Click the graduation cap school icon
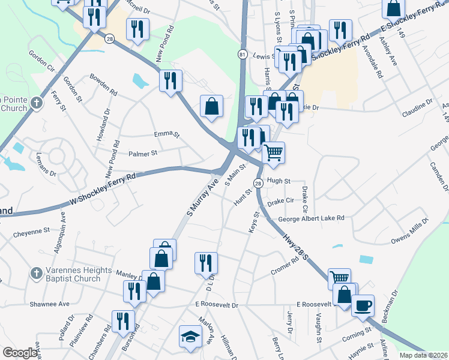coord(190,336)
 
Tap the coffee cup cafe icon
coord(363,305)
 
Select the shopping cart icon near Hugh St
coord(273,153)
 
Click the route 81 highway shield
coord(242,54)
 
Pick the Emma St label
coord(167,134)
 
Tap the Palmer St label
coord(142,154)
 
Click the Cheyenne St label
coord(31,230)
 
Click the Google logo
coord(20,353)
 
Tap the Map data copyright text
coord(422,355)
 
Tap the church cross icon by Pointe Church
coord(36,103)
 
